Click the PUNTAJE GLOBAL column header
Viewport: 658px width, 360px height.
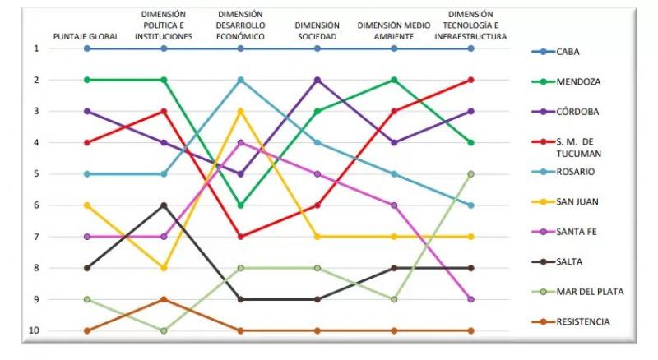tap(86, 37)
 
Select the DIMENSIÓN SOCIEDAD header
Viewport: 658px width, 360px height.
tap(317, 31)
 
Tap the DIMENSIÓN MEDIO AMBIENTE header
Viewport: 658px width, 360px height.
tap(394, 31)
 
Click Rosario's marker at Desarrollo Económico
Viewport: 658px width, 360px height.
tap(240, 80)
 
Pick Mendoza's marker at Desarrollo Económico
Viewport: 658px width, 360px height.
tap(240, 205)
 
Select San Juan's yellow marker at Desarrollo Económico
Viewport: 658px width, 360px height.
tap(240, 111)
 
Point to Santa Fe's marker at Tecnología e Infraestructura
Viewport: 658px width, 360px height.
tap(470, 299)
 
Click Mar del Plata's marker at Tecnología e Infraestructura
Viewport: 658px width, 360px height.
tap(470, 174)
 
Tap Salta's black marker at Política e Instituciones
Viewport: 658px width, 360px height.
tap(164, 205)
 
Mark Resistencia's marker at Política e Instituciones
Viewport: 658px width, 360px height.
tap(164, 299)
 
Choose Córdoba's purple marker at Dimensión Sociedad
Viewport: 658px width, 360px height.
tap(317, 80)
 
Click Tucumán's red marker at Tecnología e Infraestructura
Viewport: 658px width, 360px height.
tap(470, 80)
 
